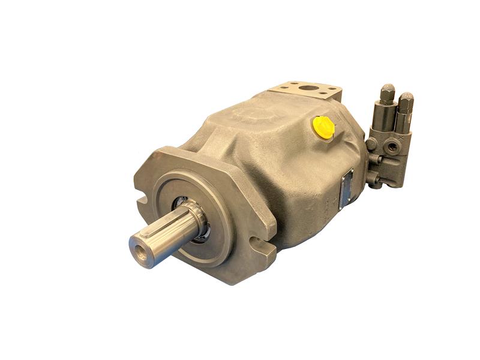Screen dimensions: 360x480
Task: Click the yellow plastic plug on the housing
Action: [x=323, y=127]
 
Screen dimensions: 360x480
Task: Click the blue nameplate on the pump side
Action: [x=347, y=191]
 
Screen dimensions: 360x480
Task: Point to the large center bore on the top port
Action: [x=308, y=89]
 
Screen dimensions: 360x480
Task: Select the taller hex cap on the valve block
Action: [x=387, y=94]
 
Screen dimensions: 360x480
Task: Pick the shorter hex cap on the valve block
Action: [x=406, y=101]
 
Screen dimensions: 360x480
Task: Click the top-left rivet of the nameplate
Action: [x=343, y=178]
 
